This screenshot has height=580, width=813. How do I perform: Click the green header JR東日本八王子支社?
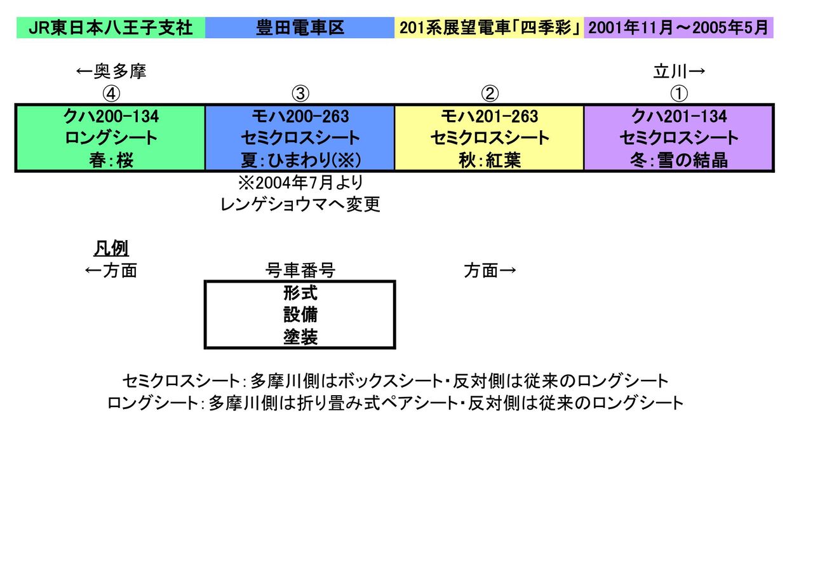[x=111, y=29]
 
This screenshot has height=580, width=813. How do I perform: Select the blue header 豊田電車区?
[x=300, y=29]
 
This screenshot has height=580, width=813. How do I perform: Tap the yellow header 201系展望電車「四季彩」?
[x=489, y=29]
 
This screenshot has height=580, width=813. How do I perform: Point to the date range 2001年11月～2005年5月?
[x=678, y=29]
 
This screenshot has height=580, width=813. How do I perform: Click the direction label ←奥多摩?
[x=111, y=72]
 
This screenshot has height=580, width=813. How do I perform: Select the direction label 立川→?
[x=679, y=72]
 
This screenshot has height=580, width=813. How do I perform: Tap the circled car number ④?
[x=111, y=93]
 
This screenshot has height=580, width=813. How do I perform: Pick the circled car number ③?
[x=300, y=93]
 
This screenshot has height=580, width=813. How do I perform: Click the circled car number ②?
[x=489, y=93]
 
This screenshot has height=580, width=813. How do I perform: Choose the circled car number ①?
[x=678, y=93]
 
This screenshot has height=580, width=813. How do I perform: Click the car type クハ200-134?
[x=111, y=117]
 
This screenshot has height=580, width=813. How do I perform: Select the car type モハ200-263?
[x=300, y=117]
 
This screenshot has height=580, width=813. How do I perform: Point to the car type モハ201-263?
[x=489, y=117]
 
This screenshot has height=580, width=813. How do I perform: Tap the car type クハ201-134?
[x=678, y=117]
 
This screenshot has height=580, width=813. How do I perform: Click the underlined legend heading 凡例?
[x=111, y=248]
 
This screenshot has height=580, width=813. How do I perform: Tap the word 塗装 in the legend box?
[x=300, y=337]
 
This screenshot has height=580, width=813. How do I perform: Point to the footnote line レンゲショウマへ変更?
[x=300, y=205]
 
